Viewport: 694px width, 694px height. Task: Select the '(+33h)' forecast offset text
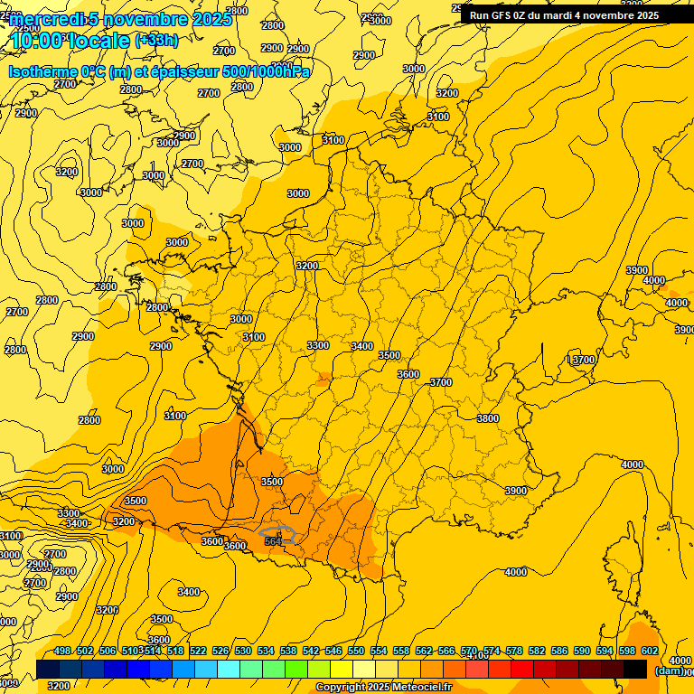(x=156, y=41)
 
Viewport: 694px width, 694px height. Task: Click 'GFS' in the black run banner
(x=506, y=15)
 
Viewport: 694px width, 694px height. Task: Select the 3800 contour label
(x=488, y=418)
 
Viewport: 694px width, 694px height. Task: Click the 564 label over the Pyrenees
(x=274, y=540)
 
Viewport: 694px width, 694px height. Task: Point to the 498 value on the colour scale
(x=62, y=651)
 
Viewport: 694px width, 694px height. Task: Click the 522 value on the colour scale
(x=198, y=651)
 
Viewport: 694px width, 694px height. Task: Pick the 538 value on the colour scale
(x=288, y=651)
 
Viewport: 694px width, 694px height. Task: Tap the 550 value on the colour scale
(x=356, y=651)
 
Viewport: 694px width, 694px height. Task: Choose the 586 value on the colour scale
(x=559, y=651)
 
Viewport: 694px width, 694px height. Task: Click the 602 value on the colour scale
(x=649, y=651)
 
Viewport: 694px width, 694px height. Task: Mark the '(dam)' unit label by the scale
(x=669, y=670)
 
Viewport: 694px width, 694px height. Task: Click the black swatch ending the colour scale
(x=635, y=669)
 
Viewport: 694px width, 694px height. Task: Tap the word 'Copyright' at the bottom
(x=342, y=688)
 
